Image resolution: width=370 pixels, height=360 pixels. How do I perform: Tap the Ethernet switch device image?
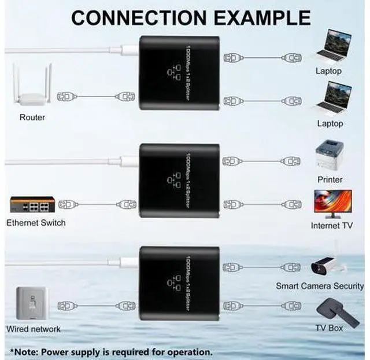click(32, 205)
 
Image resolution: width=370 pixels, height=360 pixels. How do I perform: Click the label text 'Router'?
click(32, 117)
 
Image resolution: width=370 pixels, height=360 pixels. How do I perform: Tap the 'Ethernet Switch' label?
click(36, 223)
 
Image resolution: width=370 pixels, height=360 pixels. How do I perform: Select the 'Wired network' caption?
click(33, 329)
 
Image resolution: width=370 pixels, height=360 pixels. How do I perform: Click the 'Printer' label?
click(330, 179)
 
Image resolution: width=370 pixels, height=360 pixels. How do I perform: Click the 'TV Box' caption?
click(330, 328)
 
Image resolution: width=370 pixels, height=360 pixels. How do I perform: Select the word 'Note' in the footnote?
click(26, 351)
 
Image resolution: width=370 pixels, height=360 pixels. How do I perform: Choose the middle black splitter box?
click(179, 182)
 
